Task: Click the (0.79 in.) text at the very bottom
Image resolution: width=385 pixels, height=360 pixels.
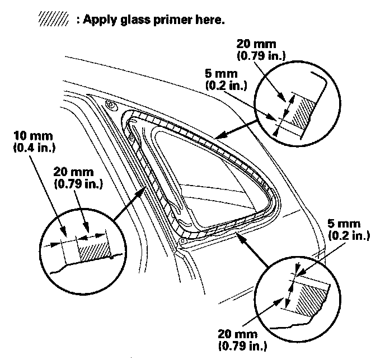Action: click(237, 344)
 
